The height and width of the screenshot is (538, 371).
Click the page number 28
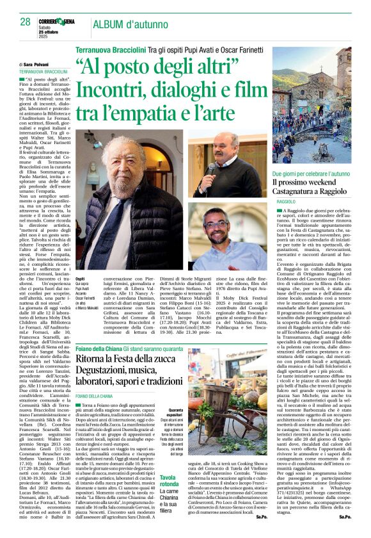pos(25,22)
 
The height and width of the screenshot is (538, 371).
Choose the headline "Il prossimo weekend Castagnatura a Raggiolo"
pos(312,187)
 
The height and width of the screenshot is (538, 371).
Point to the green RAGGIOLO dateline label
pos(287,202)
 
